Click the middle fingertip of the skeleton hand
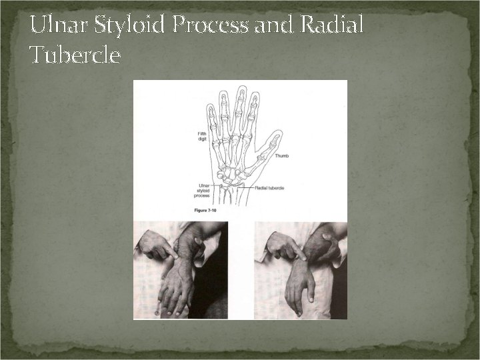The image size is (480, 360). click(x=239, y=89)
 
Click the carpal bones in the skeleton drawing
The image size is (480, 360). click(x=232, y=175)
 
